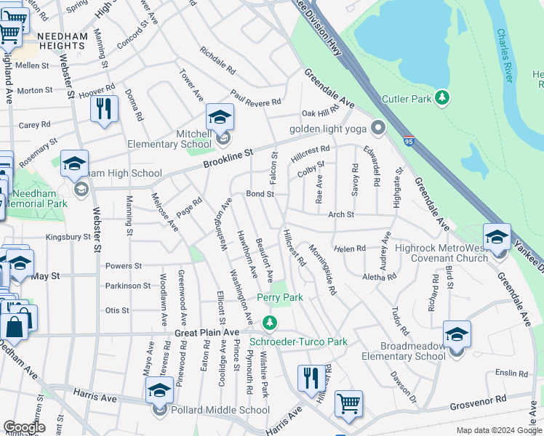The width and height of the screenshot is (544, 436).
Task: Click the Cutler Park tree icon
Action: [441, 98]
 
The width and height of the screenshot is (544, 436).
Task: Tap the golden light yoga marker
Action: [377, 129]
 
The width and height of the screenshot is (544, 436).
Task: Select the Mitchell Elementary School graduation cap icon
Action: [220, 117]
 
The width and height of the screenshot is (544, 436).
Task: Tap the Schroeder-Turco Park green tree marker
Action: [270, 322]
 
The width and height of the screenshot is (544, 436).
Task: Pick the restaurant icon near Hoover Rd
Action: [105, 108]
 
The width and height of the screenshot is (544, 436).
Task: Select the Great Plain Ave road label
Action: [207, 332]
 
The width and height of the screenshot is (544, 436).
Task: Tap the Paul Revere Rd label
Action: [255, 98]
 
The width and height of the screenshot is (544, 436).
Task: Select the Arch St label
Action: [340, 214]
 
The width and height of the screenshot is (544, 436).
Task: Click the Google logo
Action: [24, 427]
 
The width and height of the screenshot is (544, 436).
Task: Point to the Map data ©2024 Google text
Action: [498, 430]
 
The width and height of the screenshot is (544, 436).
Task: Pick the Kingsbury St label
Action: [68, 236]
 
